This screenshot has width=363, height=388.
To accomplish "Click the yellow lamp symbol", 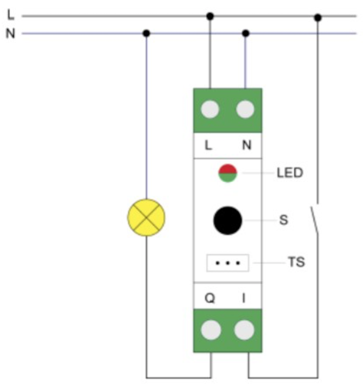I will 147,218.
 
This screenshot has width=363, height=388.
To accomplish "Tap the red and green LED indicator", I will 227,173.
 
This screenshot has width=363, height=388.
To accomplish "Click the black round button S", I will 228,220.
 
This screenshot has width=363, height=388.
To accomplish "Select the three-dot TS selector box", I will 228,263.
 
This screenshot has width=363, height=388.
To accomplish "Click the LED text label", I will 290,173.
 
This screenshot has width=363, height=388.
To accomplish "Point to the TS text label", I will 296,263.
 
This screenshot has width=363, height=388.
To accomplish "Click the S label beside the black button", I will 284,221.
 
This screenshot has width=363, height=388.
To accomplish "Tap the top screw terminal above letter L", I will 210,110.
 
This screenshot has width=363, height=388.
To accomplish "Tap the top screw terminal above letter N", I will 246,110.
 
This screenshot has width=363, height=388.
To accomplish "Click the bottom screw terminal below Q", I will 210,330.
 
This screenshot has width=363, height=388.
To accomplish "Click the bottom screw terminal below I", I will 245,330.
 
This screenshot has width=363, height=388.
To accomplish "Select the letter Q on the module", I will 210,298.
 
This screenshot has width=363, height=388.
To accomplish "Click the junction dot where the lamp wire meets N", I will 147,33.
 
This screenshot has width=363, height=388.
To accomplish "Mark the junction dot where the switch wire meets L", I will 318,17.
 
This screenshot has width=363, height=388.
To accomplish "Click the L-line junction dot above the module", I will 210,16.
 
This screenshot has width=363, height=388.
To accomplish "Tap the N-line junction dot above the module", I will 246,33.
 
